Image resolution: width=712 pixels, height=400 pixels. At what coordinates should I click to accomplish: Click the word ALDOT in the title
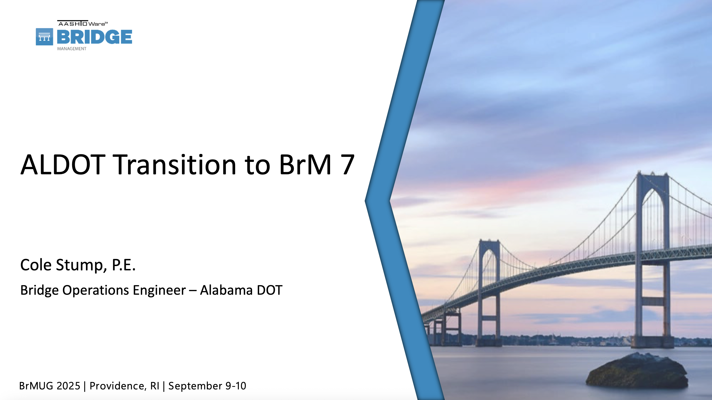(63, 165)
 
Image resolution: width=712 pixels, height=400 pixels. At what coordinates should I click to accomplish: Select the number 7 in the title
(347, 165)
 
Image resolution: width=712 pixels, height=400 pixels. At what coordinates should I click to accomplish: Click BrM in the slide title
(305, 165)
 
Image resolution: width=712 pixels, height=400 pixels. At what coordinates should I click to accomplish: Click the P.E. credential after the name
(124, 265)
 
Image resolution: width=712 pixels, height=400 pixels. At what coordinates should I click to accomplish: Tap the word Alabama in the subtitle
(226, 290)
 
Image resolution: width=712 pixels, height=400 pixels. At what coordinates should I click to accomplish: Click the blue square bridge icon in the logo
(44, 37)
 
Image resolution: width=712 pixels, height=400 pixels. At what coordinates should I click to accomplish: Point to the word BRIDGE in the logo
(94, 37)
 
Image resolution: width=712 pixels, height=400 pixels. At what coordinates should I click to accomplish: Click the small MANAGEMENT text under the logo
(72, 49)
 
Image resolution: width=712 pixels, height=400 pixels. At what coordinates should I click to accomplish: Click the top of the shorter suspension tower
(489, 241)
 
